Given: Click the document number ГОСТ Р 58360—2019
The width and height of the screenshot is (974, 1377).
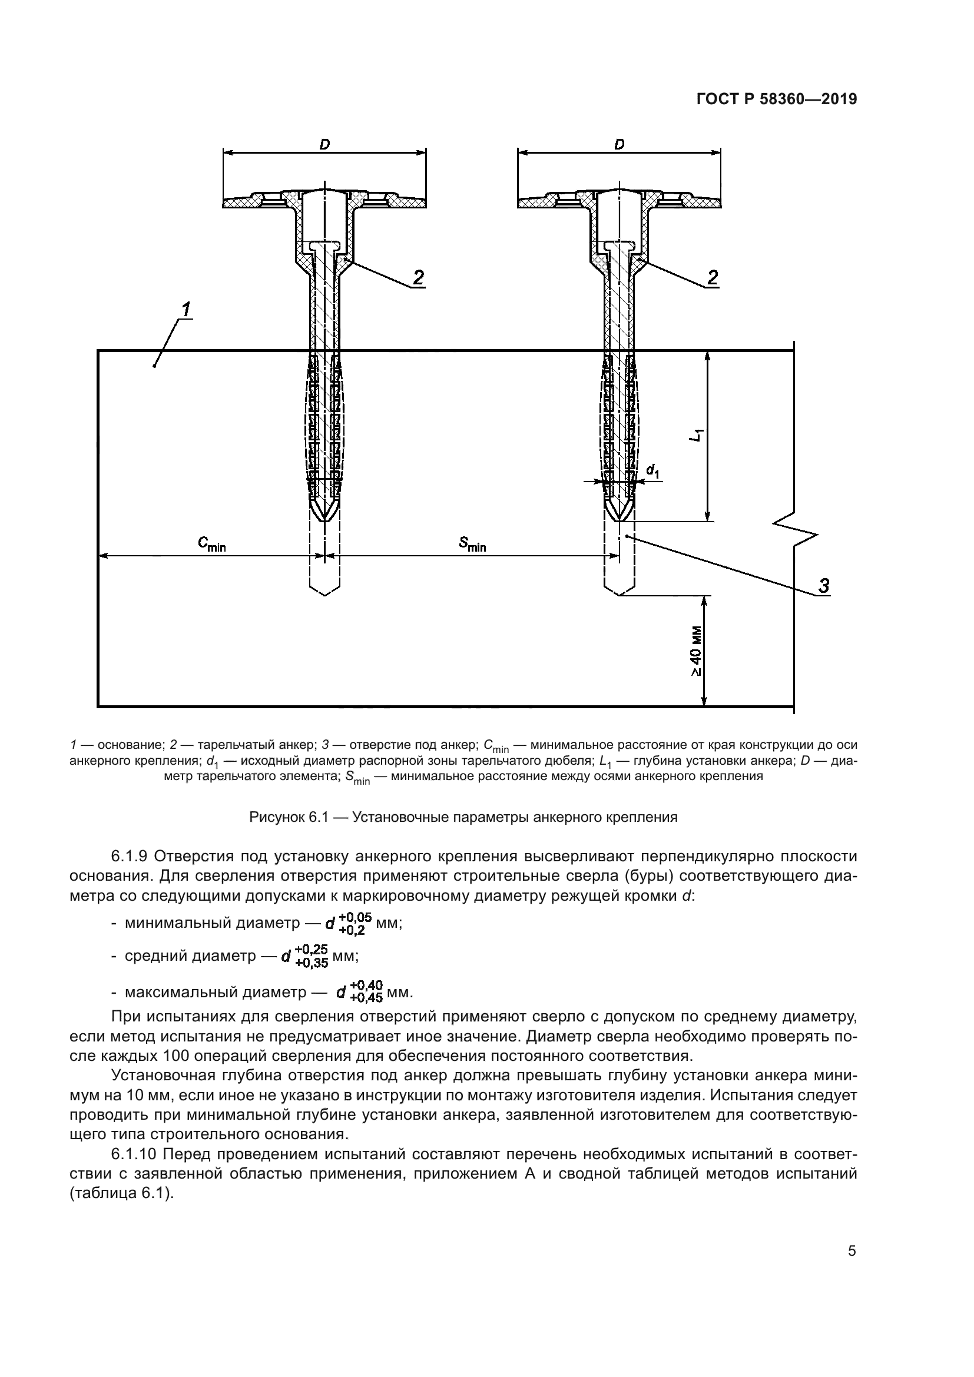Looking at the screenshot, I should (x=776, y=99).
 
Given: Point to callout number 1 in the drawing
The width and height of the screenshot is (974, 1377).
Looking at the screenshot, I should (x=186, y=310).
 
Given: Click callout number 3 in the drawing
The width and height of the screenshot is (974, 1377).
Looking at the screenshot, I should (x=824, y=585).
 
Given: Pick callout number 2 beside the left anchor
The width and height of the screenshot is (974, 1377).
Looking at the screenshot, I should (x=418, y=277).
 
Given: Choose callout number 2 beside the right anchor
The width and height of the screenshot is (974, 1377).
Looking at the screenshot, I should (x=713, y=277).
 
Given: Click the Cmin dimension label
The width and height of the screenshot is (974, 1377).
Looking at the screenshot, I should (x=212, y=544).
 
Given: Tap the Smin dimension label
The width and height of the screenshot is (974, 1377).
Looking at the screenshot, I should (x=473, y=544).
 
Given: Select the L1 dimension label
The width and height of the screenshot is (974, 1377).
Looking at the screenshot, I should (x=696, y=435).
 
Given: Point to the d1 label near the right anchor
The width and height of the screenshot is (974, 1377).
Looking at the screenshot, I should (x=653, y=472).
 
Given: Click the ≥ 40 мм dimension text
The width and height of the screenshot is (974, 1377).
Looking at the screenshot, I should (x=695, y=651).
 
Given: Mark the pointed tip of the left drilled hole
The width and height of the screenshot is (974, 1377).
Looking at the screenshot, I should (x=324, y=595).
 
